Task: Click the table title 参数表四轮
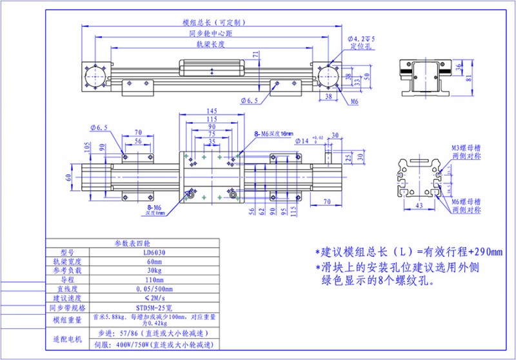coord(132,243)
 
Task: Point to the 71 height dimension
coord(256,55)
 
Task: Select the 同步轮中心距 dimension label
coord(211,33)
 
